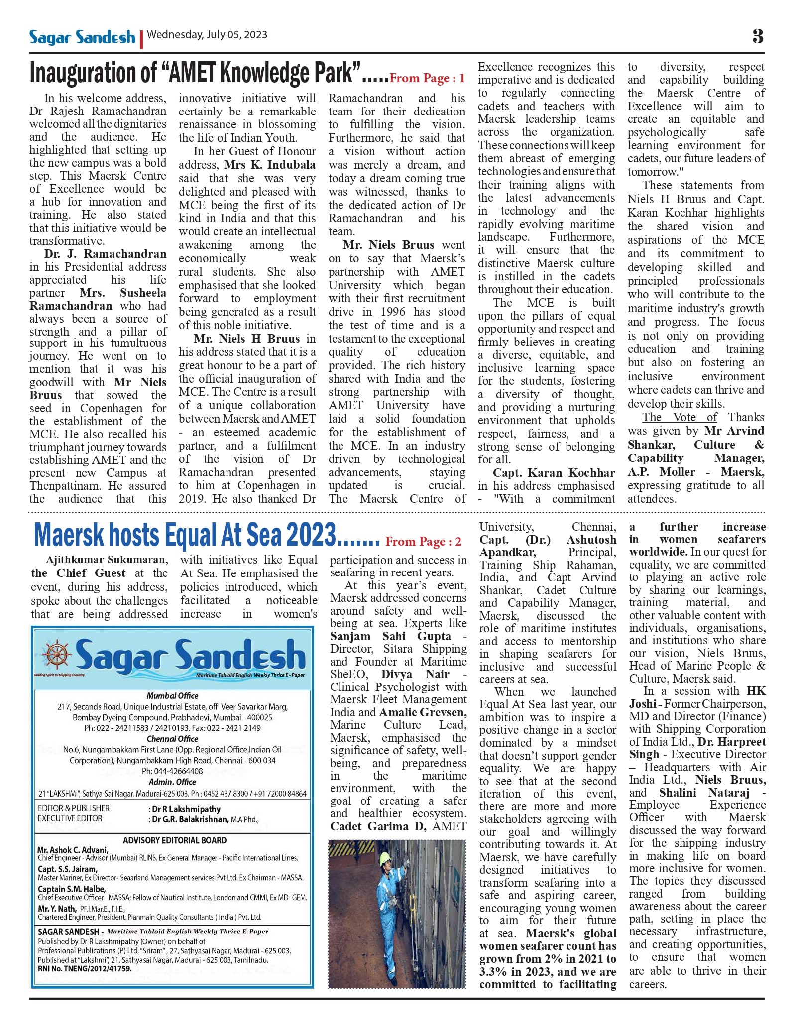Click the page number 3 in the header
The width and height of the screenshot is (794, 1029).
758,36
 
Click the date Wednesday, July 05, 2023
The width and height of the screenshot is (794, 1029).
207,35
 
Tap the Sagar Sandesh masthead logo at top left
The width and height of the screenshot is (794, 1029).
82,37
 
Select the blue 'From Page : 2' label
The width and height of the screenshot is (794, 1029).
424,542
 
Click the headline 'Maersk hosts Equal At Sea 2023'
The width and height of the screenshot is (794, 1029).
185,535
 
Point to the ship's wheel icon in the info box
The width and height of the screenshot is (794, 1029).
57,654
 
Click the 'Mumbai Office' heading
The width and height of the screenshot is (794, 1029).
172,696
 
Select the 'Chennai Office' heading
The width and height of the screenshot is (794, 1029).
172,739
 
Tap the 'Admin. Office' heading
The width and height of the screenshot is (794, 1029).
172,782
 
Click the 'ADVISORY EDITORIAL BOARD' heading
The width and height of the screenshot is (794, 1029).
175,840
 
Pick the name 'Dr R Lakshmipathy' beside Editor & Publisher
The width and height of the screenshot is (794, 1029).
186,809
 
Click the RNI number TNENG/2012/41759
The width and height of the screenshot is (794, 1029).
85,969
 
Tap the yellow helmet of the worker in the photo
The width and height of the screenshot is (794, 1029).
385,859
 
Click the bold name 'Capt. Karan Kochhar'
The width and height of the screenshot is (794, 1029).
554,473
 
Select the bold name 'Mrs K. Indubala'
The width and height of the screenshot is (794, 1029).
270,165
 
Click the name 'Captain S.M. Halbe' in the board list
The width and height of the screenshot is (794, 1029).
72,889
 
